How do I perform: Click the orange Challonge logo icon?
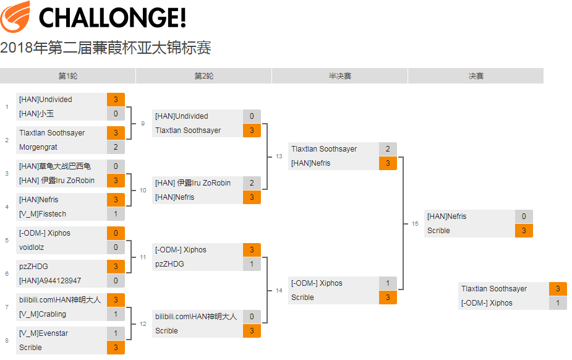point(15,17)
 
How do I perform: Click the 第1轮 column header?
point(68,76)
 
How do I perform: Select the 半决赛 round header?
point(339,76)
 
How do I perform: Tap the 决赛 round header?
point(476,76)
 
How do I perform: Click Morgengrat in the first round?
point(38,147)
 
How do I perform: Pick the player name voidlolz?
point(32,247)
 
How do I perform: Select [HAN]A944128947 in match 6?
point(50,280)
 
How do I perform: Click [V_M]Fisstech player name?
point(43,214)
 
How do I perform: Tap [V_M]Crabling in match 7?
point(43,314)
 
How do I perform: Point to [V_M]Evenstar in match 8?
point(43,333)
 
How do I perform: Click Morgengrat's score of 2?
point(116,147)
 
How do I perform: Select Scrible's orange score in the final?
point(524,231)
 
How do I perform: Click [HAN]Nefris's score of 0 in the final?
point(524,216)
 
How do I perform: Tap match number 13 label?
point(279,156)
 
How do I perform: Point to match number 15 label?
point(415,223)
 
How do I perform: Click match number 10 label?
point(143,190)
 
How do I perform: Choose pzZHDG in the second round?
point(169,264)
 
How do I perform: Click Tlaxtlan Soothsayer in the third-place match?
point(494,288)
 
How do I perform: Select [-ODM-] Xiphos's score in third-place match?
point(558,302)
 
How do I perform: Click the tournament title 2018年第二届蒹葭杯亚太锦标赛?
point(106,48)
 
